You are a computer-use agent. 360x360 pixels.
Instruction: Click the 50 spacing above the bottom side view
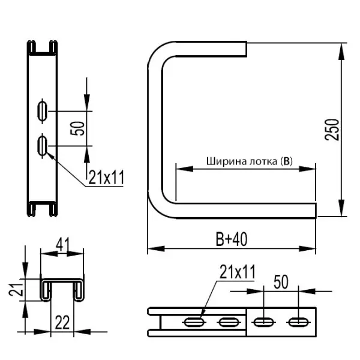click(281, 281)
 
